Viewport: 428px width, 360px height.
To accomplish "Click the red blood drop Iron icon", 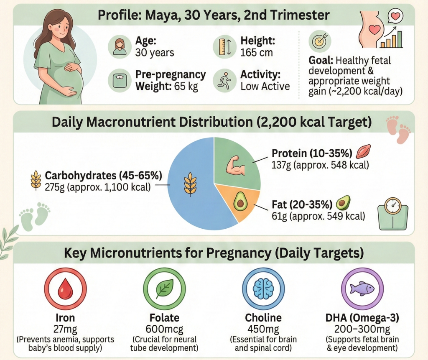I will (65, 288).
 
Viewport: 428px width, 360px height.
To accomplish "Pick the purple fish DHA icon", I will (362, 288).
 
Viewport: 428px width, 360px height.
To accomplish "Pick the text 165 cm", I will (256, 52).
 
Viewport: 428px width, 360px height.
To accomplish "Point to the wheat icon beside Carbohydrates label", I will (36, 180).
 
